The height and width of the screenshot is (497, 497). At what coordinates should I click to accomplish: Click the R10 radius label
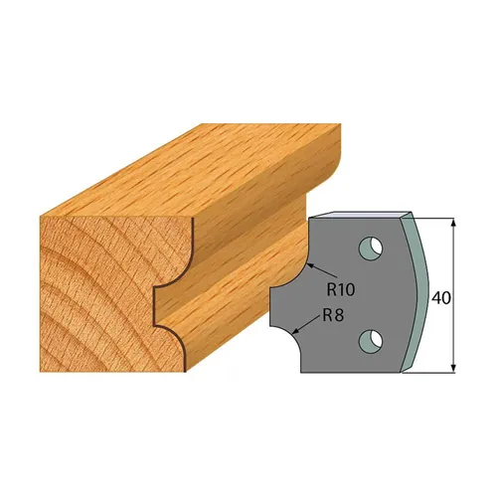click(x=342, y=291)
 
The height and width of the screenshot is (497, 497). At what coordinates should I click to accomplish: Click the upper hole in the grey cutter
click(x=370, y=244)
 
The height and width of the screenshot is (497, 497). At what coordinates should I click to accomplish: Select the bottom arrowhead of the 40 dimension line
click(x=453, y=369)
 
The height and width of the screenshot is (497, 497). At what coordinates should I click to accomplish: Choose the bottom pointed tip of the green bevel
click(x=407, y=373)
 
